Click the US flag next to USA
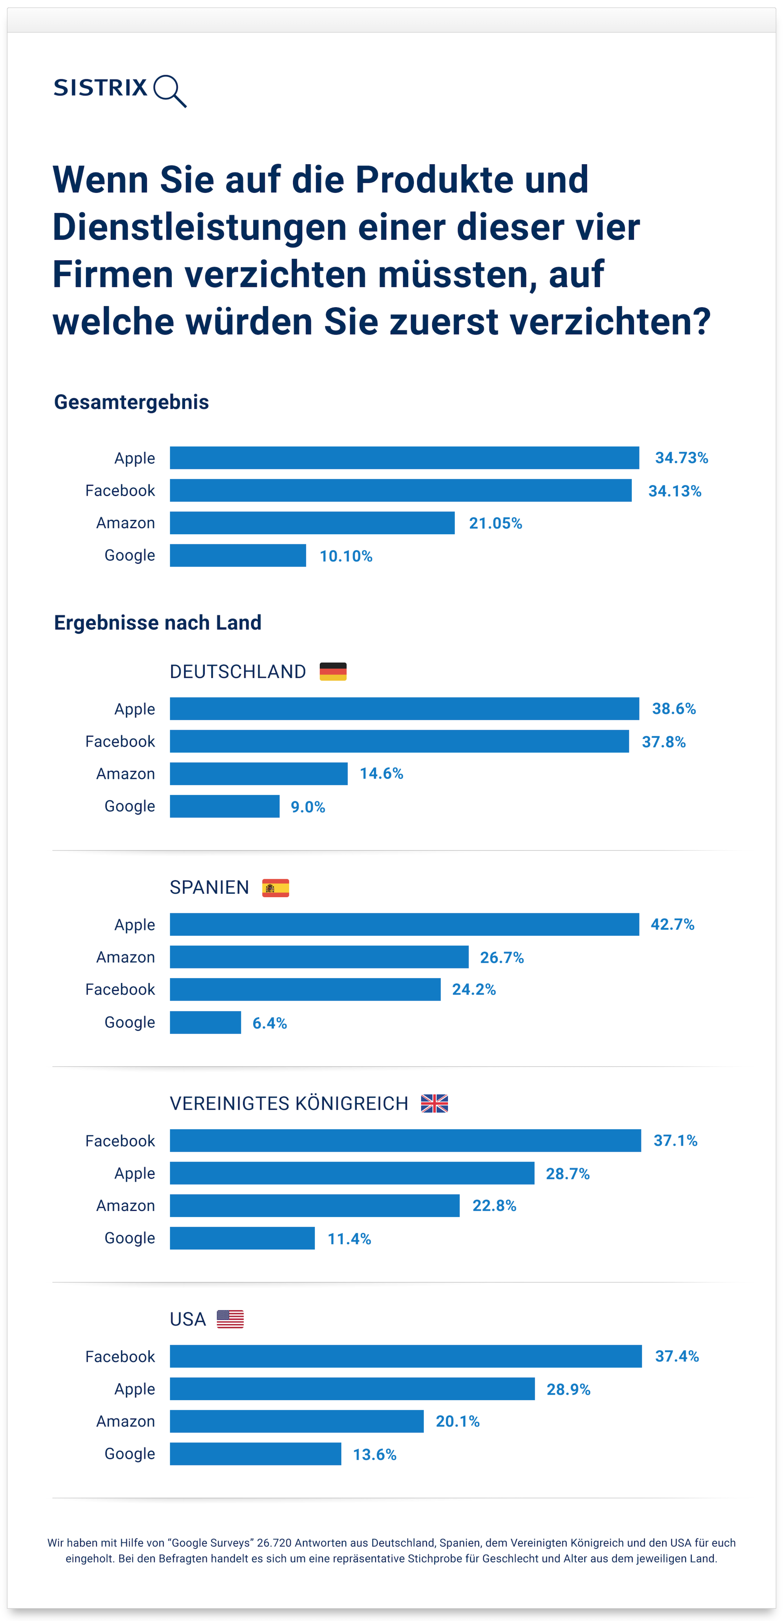pos(230,1319)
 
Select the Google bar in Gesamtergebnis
pos(238,556)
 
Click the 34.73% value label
pos(681,458)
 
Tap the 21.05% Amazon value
pos(495,524)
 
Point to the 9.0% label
pos(307,807)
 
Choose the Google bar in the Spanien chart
pos(205,1023)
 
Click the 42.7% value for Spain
pos(672,925)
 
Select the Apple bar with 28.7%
pos(352,1174)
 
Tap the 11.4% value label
pos(349,1239)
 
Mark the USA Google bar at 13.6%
pos(255,1454)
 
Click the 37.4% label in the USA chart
pos(677,1357)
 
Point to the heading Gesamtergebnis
pos(131,402)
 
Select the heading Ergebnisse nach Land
pos(157,623)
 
